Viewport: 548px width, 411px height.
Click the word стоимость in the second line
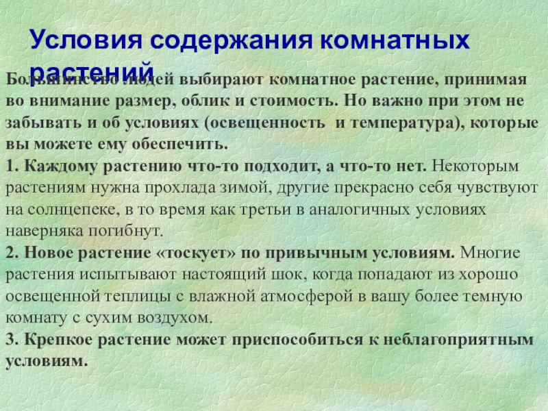point(295,101)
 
